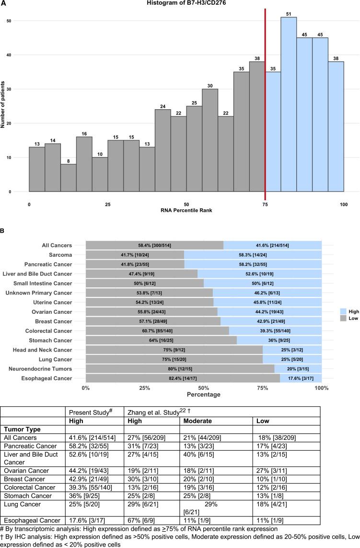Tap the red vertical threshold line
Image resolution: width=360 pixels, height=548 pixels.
265,105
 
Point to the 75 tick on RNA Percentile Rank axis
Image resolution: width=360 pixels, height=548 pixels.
265,204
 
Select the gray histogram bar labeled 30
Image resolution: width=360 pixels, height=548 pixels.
210,140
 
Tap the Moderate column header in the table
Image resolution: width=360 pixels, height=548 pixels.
197,421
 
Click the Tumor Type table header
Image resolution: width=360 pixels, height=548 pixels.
23,430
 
